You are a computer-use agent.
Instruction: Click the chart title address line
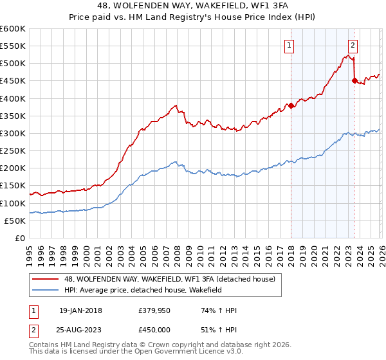point(193,6)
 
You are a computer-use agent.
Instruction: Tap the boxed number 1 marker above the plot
point(289,46)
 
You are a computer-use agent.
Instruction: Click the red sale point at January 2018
point(291,105)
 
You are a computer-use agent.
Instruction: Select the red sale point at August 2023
point(354,81)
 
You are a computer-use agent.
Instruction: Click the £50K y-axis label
point(15,221)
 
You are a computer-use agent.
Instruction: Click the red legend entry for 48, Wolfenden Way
point(170,279)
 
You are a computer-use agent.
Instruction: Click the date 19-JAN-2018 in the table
point(80,310)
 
